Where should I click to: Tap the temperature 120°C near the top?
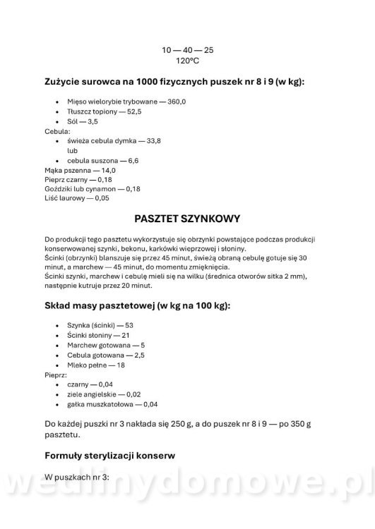[188, 61]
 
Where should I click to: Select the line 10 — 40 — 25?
[188, 50]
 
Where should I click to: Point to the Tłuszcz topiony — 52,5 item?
[105, 111]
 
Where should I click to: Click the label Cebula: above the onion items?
[57, 131]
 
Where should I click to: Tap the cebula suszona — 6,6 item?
[103, 161]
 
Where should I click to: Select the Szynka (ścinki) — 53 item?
[100, 325]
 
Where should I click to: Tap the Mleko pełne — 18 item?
[96, 365]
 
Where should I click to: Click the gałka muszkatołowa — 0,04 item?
[112, 404]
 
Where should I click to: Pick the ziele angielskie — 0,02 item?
[104, 394]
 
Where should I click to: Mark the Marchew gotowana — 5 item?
[106, 345]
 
